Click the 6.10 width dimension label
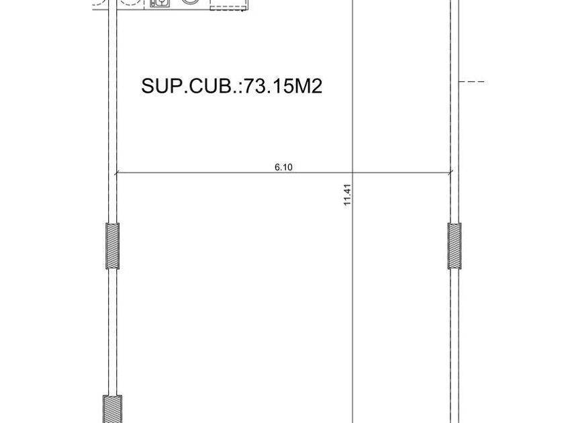283,167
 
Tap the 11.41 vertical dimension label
347,195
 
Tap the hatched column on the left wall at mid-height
113,246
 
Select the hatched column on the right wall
455,246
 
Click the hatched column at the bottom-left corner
113,410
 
